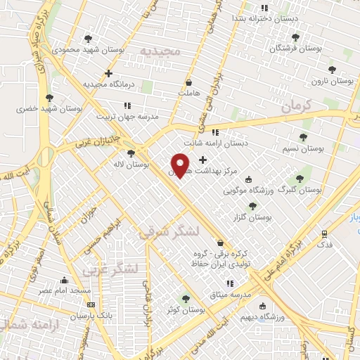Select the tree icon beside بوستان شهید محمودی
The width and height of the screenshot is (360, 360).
click(x=89, y=39)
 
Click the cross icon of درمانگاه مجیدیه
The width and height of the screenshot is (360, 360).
click(x=108, y=73)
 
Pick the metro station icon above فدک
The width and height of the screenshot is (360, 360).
click(x=324, y=233)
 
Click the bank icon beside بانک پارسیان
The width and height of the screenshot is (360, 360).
click(x=91, y=304)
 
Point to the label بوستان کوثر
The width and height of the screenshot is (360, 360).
click(x=186, y=310)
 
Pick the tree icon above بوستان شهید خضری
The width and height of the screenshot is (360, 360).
click(x=49, y=98)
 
